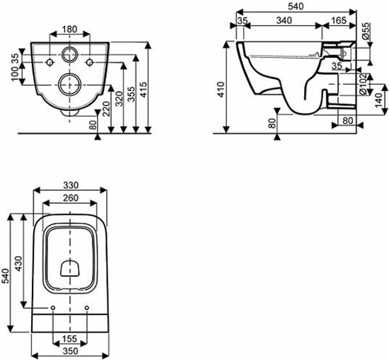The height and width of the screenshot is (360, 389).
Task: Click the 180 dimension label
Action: (x=70, y=29)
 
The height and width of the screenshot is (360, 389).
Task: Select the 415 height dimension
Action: (x=143, y=89)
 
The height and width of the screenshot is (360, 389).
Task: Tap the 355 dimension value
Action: (x=132, y=94)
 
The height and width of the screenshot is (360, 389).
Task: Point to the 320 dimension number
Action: (x=120, y=99)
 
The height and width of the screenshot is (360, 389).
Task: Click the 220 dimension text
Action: (x=106, y=109)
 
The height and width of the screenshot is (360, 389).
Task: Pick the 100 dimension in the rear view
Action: (x=16, y=74)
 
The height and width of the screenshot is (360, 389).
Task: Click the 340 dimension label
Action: (x=284, y=21)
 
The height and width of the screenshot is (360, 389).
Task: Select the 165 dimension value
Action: (x=338, y=21)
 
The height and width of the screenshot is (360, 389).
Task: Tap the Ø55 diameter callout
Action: (x=366, y=31)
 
